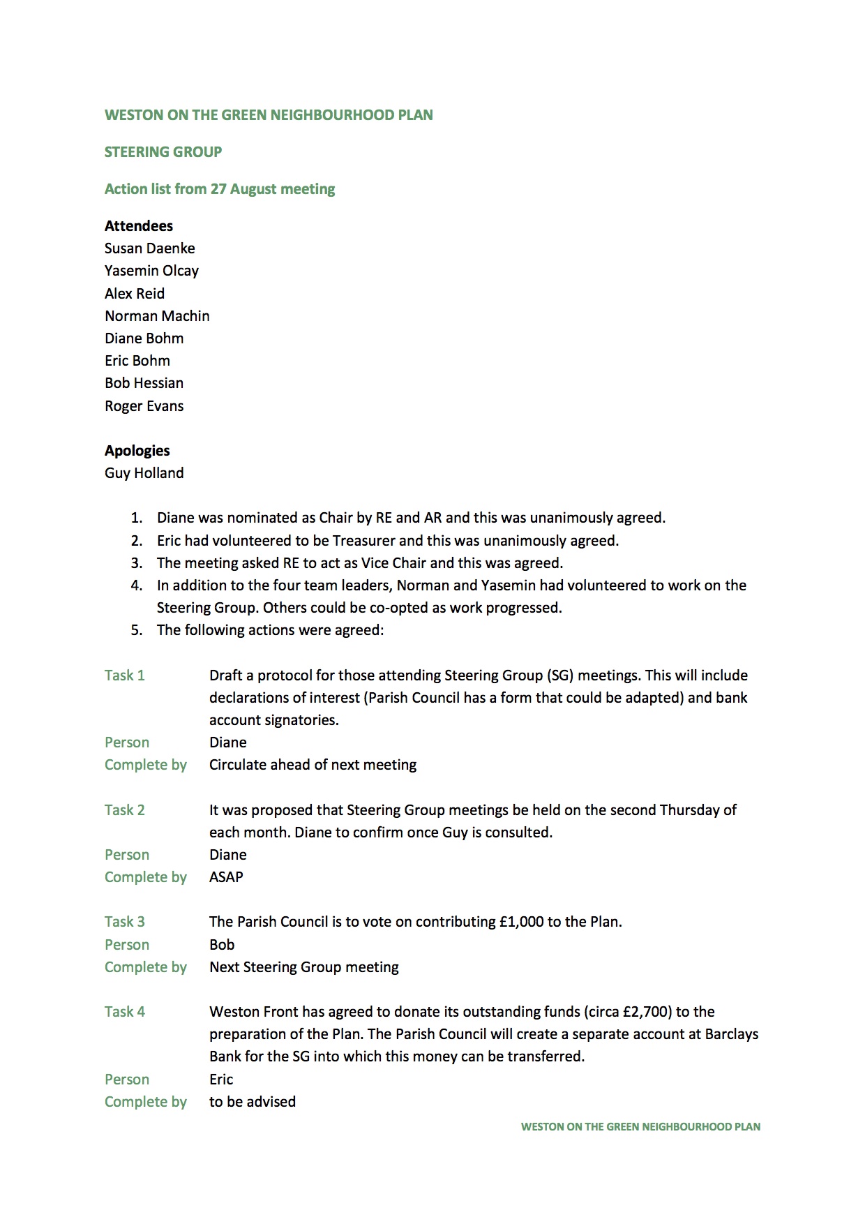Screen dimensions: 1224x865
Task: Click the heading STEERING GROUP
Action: tap(163, 152)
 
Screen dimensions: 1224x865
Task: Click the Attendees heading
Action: tap(139, 226)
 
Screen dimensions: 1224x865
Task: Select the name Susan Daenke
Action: tap(150, 248)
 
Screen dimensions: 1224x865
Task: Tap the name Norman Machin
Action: tap(157, 316)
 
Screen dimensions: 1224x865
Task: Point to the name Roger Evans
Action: tap(144, 406)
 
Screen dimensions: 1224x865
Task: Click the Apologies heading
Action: tap(137, 451)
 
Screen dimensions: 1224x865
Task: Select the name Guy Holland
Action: tap(144, 473)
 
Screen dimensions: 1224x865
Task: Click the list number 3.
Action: tap(136, 563)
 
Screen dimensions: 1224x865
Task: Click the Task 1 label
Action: tap(125, 676)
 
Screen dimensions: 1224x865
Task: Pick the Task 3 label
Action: tap(125, 922)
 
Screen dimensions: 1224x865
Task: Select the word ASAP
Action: tap(226, 877)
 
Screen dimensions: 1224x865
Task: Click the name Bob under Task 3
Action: tap(222, 945)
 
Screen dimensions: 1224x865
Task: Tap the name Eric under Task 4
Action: tap(221, 1080)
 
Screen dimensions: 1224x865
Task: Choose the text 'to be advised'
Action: tap(253, 1102)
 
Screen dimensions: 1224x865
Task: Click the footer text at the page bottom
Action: tap(640, 1126)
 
